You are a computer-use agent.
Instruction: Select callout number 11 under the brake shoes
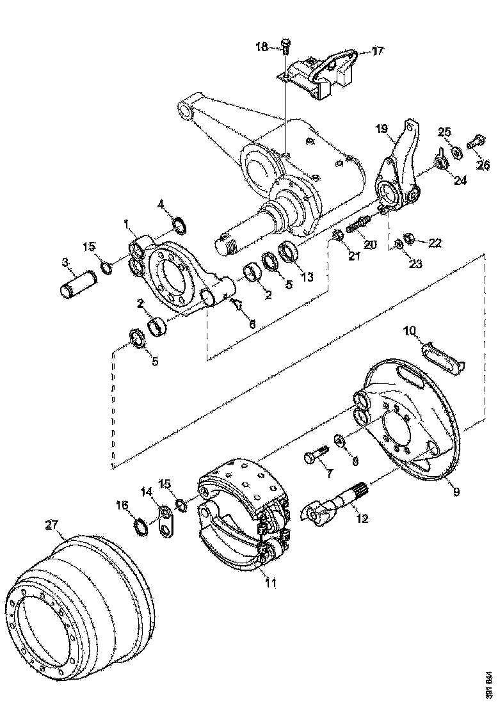(x=271, y=583)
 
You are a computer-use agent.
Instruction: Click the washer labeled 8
(x=339, y=440)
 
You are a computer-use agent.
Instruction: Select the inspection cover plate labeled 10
(x=442, y=356)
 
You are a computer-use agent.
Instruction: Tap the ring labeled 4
(x=180, y=226)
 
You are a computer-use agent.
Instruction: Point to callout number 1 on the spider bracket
(x=128, y=225)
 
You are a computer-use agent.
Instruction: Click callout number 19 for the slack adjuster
(x=382, y=129)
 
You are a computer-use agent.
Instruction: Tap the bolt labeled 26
(x=476, y=141)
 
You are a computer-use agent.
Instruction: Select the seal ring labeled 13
(x=288, y=251)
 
